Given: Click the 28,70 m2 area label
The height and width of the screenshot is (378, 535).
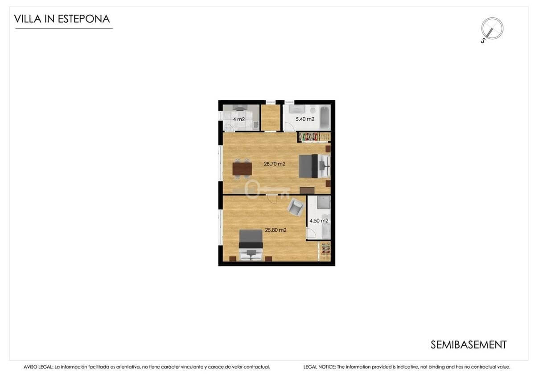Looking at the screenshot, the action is (x=275, y=164).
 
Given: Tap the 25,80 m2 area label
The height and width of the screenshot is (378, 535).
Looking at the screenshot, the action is (x=276, y=230).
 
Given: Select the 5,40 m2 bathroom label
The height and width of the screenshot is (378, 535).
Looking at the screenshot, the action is (x=305, y=119).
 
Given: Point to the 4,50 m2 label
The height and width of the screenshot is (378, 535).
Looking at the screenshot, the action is (x=319, y=221).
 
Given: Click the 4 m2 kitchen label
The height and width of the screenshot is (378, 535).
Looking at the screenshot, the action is (x=239, y=119).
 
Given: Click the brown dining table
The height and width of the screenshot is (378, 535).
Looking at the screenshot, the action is (x=242, y=169).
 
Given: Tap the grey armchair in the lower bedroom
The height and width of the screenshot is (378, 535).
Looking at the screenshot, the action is (x=296, y=208).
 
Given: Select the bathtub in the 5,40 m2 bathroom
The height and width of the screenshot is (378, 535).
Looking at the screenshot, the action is (x=325, y=118).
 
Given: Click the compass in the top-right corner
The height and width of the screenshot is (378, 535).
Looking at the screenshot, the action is (x=492, y=29).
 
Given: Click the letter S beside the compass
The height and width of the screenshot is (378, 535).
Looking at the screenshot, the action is (x=483, y=41).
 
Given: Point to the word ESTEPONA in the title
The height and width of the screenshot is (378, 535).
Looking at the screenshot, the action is (x=84, y=19).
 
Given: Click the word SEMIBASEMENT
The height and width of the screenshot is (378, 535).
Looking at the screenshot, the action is (x=469, y=345).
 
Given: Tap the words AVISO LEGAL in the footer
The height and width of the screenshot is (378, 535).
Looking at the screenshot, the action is (x=38, y=367).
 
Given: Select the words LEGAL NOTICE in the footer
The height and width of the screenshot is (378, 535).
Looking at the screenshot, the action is (x=319, y=367).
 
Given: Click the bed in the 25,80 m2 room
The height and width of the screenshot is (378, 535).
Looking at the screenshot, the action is (x=251, y=245).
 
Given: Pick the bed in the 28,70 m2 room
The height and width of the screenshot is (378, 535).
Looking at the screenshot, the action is (x=315, y=166).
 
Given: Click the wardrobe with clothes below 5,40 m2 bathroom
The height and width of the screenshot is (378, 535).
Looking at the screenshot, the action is (x=314, y=137).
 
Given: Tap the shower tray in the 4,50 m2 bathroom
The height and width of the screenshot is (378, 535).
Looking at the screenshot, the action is (x=324, y=202).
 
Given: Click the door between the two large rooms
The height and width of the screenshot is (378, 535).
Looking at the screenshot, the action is (x=272, y=199).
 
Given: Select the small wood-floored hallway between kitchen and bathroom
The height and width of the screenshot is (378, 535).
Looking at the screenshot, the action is (x=270, y=118).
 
